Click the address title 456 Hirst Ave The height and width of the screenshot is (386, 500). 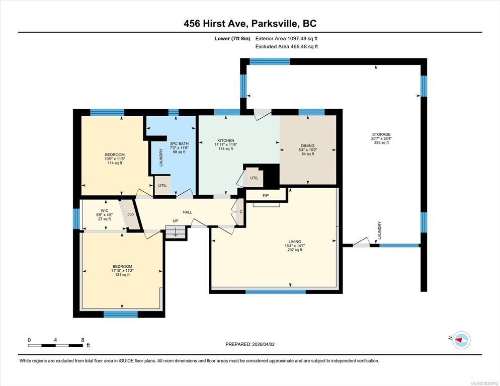click(250, 24)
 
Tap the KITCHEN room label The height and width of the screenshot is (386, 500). click(225, 140)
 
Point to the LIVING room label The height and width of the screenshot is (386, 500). click(291, 241)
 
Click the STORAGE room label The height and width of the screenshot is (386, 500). click(381, 134)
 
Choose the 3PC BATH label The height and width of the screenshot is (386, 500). click(179, 144)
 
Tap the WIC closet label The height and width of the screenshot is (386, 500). click(105, 211)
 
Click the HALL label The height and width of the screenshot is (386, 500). click(188, 212)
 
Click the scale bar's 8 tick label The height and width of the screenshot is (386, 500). click(82, 340)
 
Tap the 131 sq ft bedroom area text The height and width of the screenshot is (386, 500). click(122, 275)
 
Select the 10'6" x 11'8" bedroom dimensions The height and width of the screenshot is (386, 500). click(115, 159)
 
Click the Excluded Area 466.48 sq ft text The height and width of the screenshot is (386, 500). click(286, 46)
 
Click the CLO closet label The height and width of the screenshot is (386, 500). click(130, 214)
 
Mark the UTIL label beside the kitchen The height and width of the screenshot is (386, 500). click(254, 178)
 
